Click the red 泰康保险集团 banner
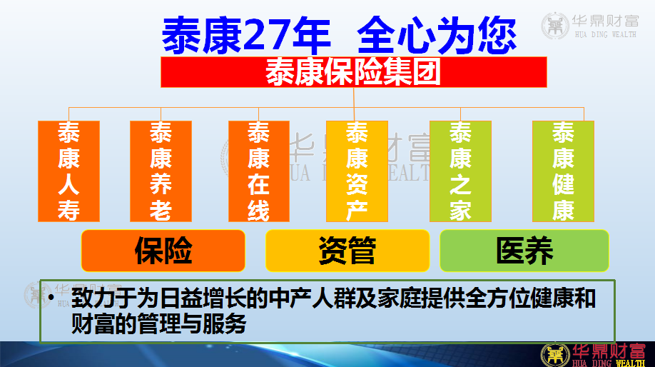coord(354,72)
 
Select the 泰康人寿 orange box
coord(69,171)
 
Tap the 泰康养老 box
coord(161,171)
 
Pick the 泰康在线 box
coord(259,171)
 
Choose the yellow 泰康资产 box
coord(357,171)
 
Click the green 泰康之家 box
coord(460,171)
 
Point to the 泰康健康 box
coord(563,171)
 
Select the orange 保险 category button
coord(163,251)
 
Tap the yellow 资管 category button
coord(347,251)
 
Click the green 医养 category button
coord(524,251)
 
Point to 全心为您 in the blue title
coord(437,36)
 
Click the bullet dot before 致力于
coord(51,298)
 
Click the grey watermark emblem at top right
coord(555,26)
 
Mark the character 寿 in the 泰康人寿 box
coord(69,210)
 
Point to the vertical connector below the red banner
coord(354,104)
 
